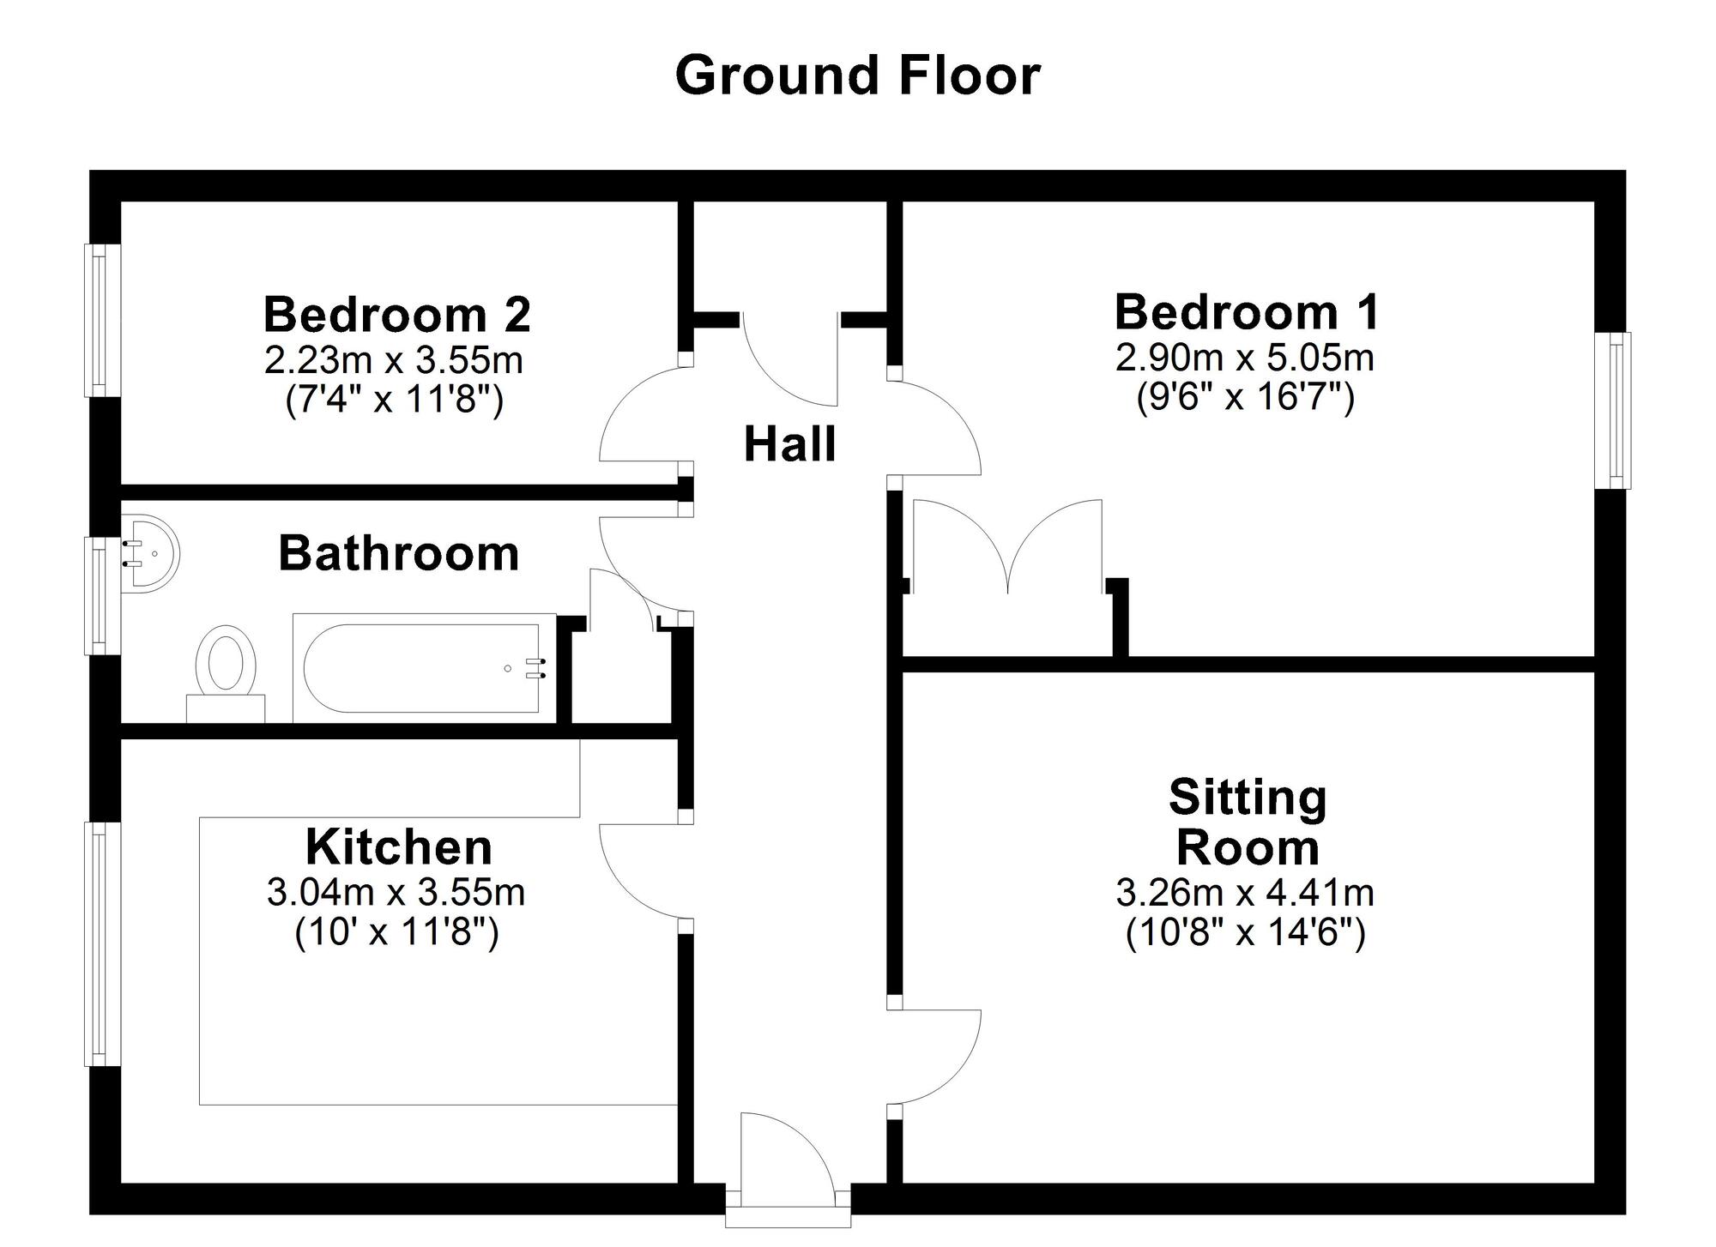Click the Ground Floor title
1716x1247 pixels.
[x=858, y=75]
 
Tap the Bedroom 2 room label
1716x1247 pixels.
[x=396, y=314]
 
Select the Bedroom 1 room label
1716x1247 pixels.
[x=1247, y=311]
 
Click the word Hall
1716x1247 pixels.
[x=789, y=444]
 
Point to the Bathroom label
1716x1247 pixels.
[x=399, y=553]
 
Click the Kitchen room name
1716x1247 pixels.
[x=399, y=847]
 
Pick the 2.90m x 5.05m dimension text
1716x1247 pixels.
[x=1244, y=357]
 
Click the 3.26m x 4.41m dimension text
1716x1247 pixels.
[x=1244, y=893]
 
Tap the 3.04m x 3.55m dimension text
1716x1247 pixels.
[x=396, y=893]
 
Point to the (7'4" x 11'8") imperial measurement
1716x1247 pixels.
[x=394, y=400]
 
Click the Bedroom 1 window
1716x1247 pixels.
[x=1614, y=410]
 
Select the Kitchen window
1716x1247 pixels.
[x=101, y=943]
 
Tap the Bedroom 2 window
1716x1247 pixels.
[x=101, y=321]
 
